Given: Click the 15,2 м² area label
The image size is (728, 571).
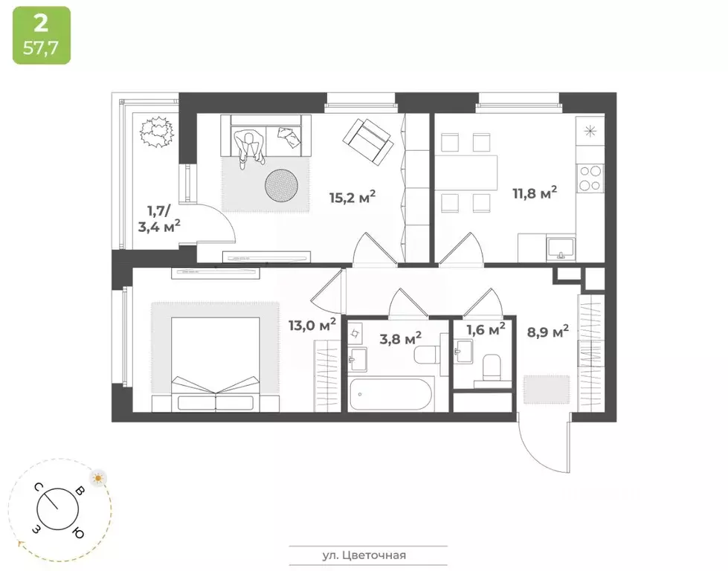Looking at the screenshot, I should (x=352, y=197).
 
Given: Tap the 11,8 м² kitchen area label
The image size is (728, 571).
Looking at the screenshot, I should (x=535, y=194).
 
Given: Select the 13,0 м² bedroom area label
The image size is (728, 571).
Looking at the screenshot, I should (x=312, y=323).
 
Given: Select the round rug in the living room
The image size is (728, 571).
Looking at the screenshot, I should (x=283, y=184).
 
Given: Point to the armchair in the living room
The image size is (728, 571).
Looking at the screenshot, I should (x=367, y=142).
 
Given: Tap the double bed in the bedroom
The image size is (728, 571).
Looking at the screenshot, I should (x=216, y=364).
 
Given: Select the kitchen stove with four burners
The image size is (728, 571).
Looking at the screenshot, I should (x=590, y=178).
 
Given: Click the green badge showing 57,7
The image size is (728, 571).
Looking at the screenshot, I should (x=42, y=36).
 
